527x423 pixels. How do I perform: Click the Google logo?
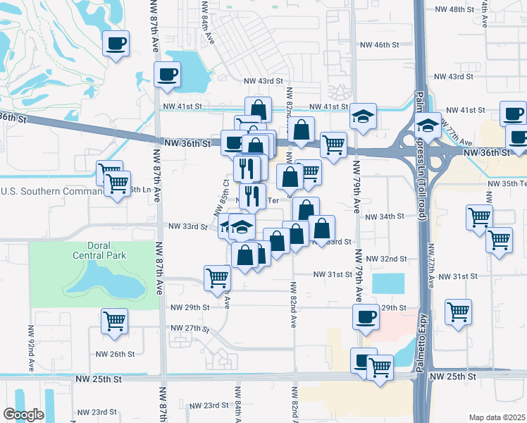coord(23,415)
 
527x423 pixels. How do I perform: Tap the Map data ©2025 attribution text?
coord(497,417)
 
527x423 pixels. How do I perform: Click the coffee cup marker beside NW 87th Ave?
coord(168,74)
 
